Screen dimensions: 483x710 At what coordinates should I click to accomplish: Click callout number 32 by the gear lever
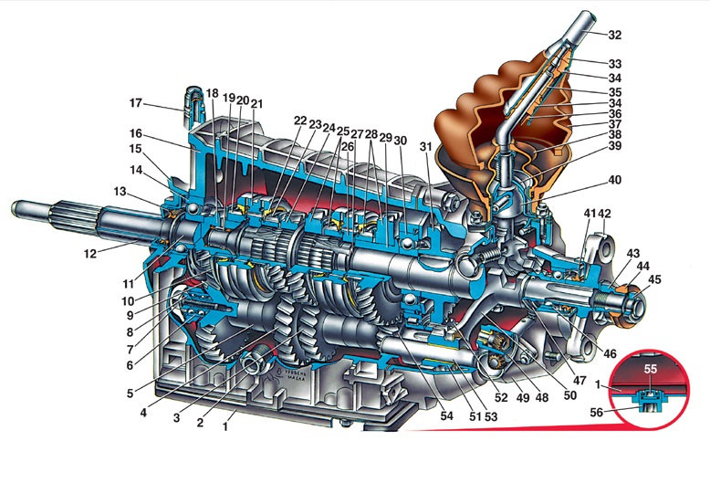tap(614, 36)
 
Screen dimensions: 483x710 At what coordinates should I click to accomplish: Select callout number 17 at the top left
tap(137, 102)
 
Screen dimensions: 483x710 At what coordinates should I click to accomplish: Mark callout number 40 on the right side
tap(614, 180)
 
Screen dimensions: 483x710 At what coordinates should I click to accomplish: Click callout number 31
tap(425, 149)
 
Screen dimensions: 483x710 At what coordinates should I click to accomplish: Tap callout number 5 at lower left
tap(130, 394)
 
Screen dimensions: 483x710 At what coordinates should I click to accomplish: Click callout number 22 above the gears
tap(300, 121)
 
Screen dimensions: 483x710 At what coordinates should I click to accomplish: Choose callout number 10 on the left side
tap(128, 300)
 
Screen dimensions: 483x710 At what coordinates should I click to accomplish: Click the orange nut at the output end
tap(625, 302)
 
